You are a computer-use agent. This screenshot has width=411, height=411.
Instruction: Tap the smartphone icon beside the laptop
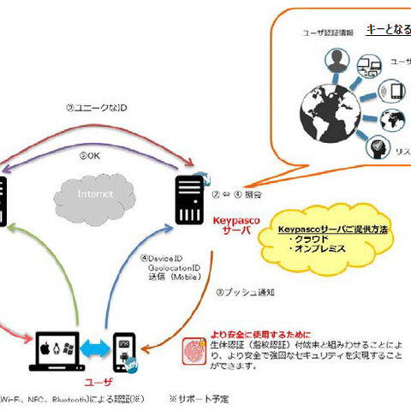point(124,351)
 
